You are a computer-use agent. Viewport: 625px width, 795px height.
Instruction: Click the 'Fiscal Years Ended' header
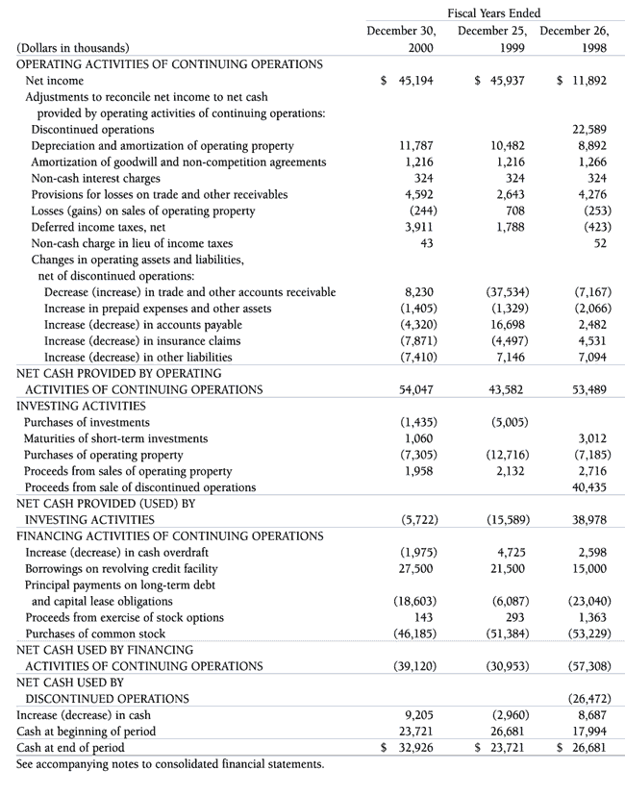[493, 12]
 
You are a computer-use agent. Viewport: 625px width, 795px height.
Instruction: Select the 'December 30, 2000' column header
[401, 38]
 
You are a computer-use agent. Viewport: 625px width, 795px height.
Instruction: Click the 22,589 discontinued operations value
[587, 129]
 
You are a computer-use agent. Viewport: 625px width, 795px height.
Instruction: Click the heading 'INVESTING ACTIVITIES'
[83, 406]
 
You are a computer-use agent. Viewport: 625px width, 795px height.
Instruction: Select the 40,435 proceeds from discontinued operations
[587, 487]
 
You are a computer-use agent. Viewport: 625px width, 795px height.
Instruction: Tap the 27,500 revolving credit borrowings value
[415, 569]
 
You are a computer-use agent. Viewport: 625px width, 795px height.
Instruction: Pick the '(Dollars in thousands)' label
[73, 47]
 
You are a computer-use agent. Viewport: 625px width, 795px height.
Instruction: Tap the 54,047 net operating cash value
[415, 389]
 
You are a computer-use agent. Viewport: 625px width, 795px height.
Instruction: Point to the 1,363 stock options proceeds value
[590, 617]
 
